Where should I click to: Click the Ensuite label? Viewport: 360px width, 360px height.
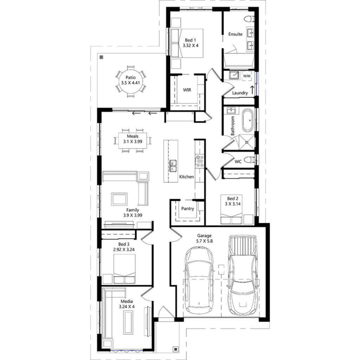(235, 34)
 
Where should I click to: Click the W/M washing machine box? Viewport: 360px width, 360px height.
(247, 76)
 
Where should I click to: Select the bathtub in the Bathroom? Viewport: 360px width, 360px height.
(247, 120)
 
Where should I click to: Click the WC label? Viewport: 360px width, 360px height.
(238, 162)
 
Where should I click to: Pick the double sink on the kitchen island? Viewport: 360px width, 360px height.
(173, 166)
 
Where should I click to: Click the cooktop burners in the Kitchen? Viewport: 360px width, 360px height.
(200, 161)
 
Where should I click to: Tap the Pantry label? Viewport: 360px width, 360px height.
(188, 208)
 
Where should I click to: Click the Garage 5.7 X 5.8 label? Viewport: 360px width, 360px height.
(205, 239)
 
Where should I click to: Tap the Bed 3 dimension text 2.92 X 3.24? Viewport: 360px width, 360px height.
(124, 249)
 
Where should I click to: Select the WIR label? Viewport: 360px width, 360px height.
(187, 90)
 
